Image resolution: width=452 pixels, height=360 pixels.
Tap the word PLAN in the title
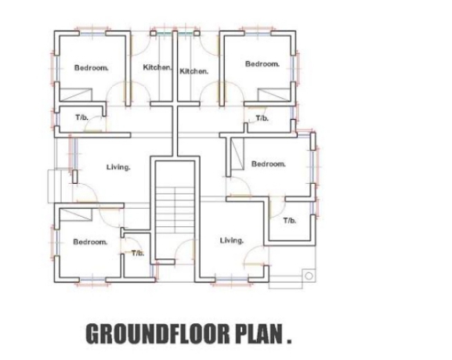coord(259,334)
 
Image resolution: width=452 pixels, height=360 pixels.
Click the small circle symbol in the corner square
coord(309,276)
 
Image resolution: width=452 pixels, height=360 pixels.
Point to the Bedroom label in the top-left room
coord(92,68)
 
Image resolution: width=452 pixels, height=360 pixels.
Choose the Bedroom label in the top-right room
coord(262,64)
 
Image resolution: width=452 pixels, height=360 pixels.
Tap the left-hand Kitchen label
coord(157,67)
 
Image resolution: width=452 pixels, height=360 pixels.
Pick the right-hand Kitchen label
coord(193,71)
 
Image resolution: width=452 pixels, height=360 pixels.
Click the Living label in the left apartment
coord(118,167)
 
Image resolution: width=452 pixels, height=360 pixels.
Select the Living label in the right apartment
coord(232,240)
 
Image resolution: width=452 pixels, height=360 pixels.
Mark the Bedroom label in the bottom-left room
coord(90,242)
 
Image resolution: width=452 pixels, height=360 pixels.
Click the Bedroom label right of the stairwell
coord(269,164)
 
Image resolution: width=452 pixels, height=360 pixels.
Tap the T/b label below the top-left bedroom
coord(82,117)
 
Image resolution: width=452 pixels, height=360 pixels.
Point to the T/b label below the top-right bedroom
coord(262,118)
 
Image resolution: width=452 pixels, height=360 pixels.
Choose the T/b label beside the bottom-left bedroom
coord(138,253)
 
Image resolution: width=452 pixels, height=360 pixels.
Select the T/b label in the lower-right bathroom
coord(290,221)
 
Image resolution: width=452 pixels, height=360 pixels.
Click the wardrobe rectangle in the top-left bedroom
coord(75,95)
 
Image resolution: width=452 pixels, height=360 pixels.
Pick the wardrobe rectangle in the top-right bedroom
coord(274,95)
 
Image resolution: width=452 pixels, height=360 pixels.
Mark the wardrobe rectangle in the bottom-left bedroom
coord(75,214)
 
